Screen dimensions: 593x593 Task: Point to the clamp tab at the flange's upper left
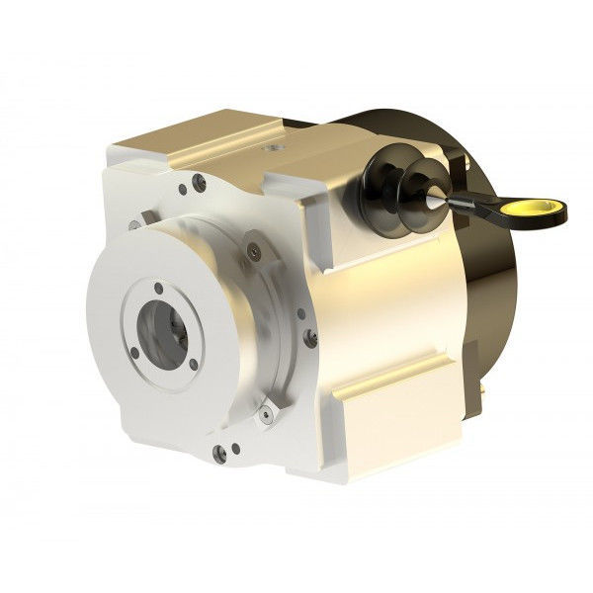click(x=148, y=219)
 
